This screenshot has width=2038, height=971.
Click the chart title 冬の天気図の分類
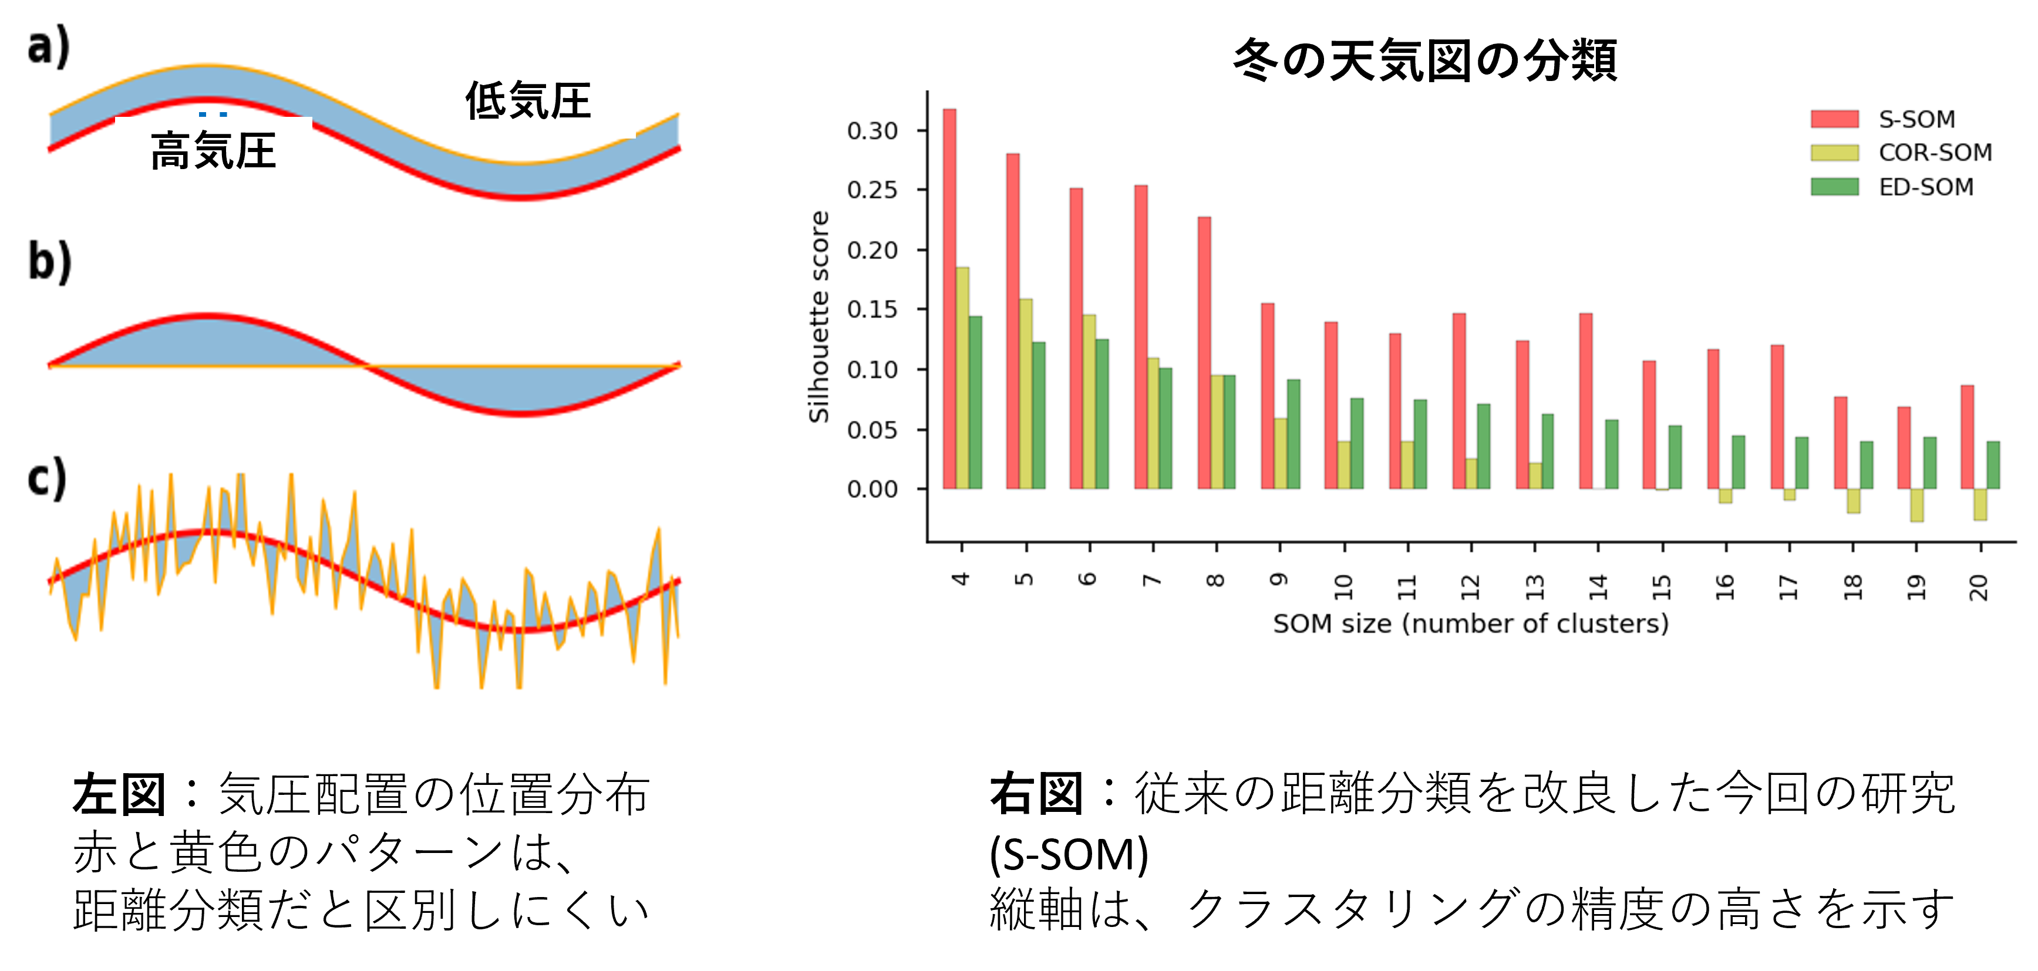point(1425,60)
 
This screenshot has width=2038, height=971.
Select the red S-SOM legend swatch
point(1835,119)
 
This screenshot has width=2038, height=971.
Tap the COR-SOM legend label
point(1935,153)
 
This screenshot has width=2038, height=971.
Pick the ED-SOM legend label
point(1926,187)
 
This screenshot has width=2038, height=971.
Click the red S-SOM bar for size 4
point(949,299)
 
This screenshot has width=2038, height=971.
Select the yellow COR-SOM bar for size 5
point(1025,394)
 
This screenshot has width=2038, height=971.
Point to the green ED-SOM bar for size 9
point(1293,434)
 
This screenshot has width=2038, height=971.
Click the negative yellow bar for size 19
point(1917,505)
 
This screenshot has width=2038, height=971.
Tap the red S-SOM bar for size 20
point(1968,437)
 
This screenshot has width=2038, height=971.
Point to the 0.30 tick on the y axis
point(922,130)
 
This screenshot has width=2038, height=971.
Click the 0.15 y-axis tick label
point(872,310)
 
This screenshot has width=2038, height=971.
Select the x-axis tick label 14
point(1598,586)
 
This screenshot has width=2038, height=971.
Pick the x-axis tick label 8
point(1216,581)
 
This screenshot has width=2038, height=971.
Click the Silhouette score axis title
point(819,316)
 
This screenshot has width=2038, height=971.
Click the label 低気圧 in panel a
point(528,101)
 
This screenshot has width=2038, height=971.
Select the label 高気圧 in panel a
point(214,151)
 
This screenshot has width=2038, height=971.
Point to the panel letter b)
point(50,262)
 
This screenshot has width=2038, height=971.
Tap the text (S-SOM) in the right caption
point(1069,854)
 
